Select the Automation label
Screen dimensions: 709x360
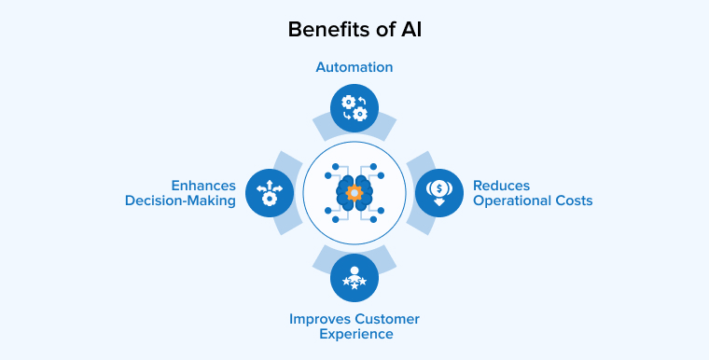pos(354,67)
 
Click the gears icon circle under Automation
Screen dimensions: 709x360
pos(354,107)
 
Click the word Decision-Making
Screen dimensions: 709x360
pos(181,201)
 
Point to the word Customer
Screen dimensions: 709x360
pos(386,318)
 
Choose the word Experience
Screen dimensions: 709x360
pos(354,334)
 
